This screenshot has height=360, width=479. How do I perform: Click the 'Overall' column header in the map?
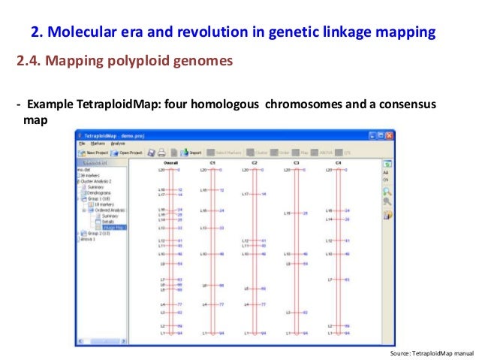click(x=170, y=162)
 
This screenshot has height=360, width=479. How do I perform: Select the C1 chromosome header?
click(x=212, y=162)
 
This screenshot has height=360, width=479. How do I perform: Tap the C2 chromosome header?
click(x=255, y=162)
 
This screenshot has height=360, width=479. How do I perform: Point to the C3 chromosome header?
click(x=296, y=162)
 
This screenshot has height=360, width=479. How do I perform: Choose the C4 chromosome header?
click(x=338, y=162)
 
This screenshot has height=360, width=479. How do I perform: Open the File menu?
click(x=82, y=143)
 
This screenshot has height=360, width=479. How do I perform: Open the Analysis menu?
click(x=118, y=143)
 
